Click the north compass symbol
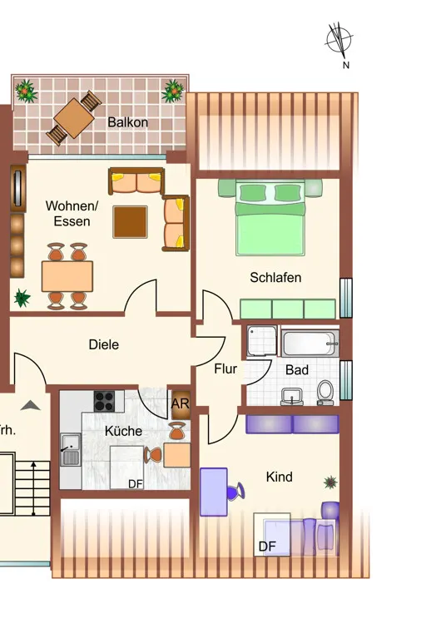339,40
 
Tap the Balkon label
127,122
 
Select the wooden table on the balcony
74,117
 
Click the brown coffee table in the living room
130,222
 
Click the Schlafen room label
275,278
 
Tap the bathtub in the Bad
310,344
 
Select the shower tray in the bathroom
262,341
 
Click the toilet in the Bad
325,393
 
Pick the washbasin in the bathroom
292,397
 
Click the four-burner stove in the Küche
104,401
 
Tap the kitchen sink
71,449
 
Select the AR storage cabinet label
180,404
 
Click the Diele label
104,344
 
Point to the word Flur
225,369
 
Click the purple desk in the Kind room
214,492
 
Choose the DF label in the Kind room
267,547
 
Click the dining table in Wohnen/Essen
67,276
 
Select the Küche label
123,431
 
